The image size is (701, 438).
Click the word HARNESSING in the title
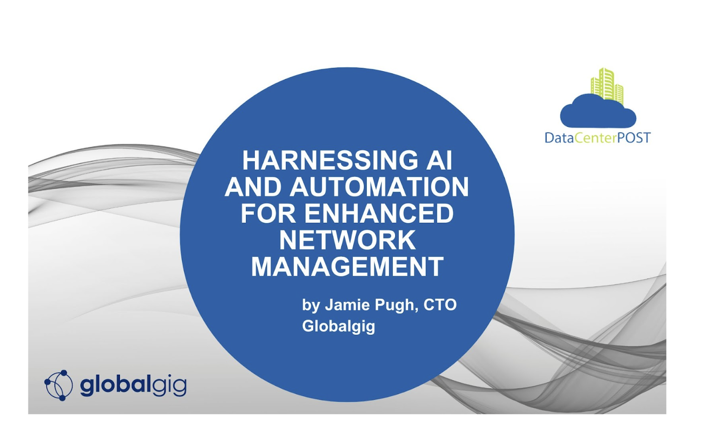click(330, 160)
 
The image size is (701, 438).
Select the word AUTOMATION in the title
click(379, 187)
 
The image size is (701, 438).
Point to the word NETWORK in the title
click(347, 240)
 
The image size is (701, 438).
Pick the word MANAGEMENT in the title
click(347, 267)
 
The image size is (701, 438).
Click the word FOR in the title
click(268, 213)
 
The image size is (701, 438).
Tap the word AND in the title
click(253, 187)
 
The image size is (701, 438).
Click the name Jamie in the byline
click(347, 305)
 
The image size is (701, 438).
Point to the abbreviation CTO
click(440, 305)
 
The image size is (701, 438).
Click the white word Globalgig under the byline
click(338, 327)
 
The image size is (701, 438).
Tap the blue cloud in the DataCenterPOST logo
click(598, 111)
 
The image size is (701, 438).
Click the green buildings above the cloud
click(607, 85)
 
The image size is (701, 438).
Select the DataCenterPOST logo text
click(597, 138)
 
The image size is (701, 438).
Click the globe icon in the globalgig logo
click(59, 385)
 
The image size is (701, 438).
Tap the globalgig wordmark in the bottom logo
click(133, 386)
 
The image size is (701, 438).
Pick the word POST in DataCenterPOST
click(634, 138)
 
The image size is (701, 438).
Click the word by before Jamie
click(311, 306)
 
